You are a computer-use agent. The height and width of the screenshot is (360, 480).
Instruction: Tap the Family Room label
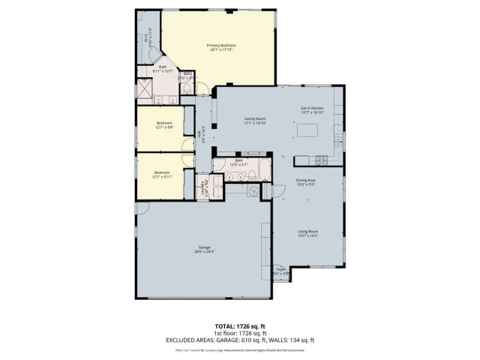(x=255, y=121)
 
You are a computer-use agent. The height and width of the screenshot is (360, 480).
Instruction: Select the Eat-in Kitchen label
(x=312, y=111)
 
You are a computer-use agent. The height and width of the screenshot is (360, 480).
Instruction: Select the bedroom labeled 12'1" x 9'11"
(x=163, y=174)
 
